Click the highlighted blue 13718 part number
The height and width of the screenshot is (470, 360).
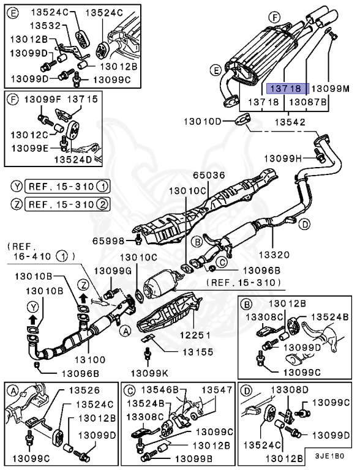(x=288, y=89)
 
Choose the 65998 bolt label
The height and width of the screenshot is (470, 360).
(x=111, y=241)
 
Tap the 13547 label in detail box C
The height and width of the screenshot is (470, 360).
(x=217, y=389)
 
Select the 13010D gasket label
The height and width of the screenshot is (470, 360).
(x=203, y=122)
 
